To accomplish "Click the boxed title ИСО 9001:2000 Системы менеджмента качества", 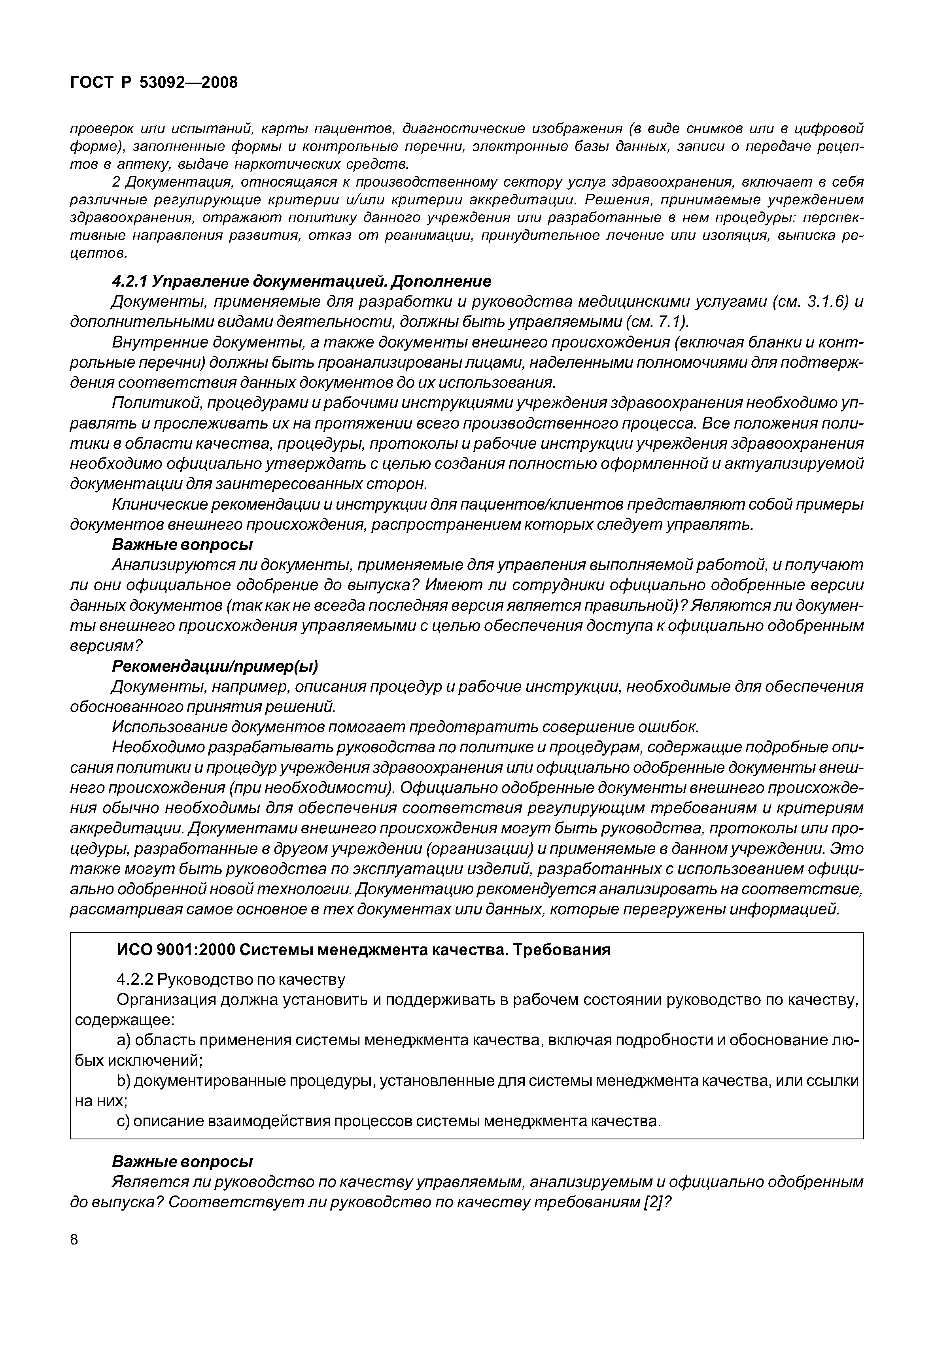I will [x=363, y=950].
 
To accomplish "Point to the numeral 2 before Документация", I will [x=116, y=182].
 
